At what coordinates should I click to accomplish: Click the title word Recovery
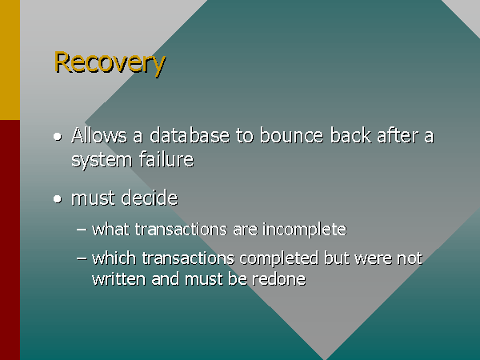110,63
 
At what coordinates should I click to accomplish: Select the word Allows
99,135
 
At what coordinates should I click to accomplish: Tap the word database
190,135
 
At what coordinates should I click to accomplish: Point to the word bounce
292,135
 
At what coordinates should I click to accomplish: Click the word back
350,135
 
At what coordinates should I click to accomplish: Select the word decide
150,198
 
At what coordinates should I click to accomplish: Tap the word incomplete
305,230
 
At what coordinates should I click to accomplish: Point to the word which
114,258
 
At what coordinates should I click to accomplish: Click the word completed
279,259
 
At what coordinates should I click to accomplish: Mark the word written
118,279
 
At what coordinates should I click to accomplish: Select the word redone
279,279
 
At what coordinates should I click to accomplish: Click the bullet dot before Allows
58,137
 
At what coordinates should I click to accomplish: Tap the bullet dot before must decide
58,199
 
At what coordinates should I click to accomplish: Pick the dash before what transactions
82,230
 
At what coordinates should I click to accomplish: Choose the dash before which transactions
82,259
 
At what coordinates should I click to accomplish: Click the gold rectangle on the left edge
10,60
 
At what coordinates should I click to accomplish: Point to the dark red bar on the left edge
10,240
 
